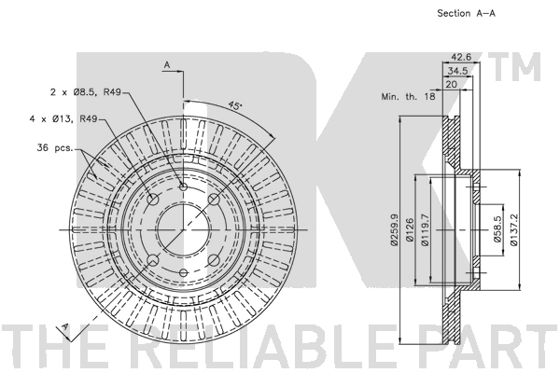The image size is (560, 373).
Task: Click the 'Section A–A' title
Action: pos(466,13)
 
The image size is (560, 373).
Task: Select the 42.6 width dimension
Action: pos(461,57)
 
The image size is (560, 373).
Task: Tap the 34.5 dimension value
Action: pos(458,71)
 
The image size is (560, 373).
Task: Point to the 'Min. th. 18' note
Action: pos(408,96)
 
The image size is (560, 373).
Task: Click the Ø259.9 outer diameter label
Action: pos(394,229)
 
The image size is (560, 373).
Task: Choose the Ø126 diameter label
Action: pos(410,229)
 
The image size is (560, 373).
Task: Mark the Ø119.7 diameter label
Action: pos(425,229)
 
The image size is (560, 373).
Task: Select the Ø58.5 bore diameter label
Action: pos(497,229)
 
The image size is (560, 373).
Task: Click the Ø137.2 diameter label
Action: pos(513,229)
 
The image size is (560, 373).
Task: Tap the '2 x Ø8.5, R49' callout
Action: pos(86,92)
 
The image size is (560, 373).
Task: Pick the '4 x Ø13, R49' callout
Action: pos(63,118)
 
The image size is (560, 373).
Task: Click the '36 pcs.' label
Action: pos(55,147)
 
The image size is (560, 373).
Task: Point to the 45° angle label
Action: pos(234,105)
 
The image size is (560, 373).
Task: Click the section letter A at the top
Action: pos(167,65)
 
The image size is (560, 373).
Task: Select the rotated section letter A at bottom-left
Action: pos(64,326)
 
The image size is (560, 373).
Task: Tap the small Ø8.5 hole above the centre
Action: pos(183,186)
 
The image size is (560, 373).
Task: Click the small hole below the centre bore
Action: pos(183,273)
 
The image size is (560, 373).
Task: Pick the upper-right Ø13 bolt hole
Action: pos(214,200)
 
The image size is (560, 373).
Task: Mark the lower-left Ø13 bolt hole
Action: pos(153,260)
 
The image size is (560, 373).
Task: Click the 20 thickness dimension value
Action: pos(452,84)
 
